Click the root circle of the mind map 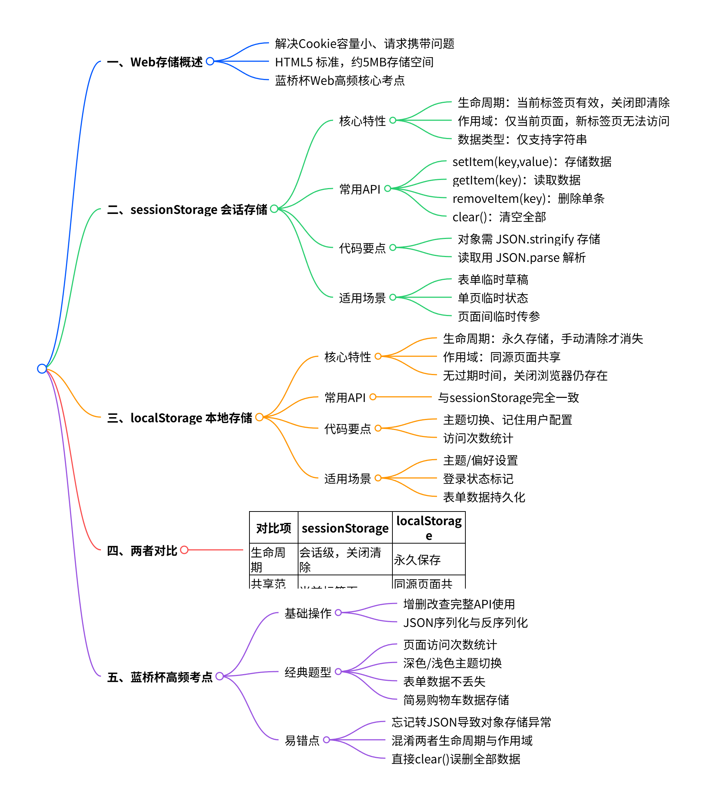click(42, 369)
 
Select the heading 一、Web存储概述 click(155, 62)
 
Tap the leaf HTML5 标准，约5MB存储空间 click(354, 62)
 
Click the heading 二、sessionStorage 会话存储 click(187, 210)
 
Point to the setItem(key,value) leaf click(531, 162)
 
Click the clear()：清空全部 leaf click(499, 217)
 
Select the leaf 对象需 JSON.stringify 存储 click(529, 239)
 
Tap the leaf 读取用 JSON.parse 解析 click(521, 257)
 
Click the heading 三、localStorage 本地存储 click(179, 418)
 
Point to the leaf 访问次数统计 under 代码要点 click(478, 438)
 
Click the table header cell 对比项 click(273, 528)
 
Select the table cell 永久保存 click(417, 559)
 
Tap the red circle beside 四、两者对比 click(185, 550)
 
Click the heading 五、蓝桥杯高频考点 click(160, 677)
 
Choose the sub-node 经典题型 click(308, 672)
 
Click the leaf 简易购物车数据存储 click(456, 700)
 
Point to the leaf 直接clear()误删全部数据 click(455, 759)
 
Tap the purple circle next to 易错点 click(326, 740)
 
